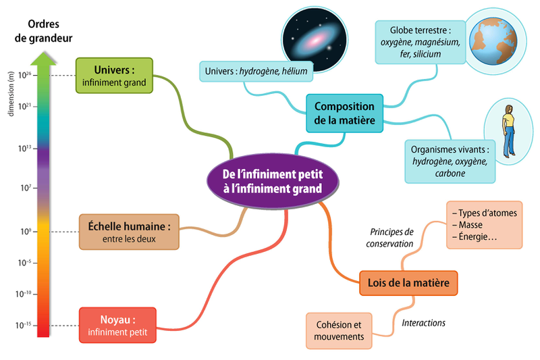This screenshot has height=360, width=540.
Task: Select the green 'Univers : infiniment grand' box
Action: coord(114,76)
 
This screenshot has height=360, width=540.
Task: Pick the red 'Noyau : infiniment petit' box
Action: coord(117,325)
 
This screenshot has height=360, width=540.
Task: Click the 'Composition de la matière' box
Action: coord(344,113)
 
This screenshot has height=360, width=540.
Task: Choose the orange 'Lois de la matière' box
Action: coord(408,282)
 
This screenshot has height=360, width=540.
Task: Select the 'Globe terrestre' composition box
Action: coord(420,42)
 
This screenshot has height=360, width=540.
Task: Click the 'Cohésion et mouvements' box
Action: coord(340,330)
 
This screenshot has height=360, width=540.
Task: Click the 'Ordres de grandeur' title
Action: coord(44,31)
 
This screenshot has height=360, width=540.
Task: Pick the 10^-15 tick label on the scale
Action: coord(25,325)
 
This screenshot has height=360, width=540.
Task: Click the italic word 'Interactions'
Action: coord(423,323)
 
